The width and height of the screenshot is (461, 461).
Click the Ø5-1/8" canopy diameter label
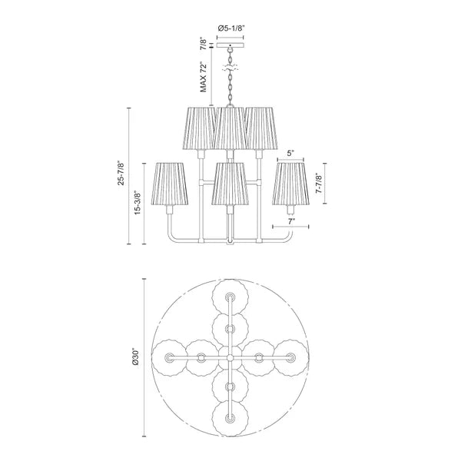point(230,28)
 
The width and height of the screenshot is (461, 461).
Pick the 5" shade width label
point(291,153)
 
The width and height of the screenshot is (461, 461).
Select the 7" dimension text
point(291,221)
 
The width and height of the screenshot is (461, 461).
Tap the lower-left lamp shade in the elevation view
point(169,184)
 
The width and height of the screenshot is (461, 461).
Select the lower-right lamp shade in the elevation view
point(291,184)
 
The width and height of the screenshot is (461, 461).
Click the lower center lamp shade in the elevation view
point(230,184)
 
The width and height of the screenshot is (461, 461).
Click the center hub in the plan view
point(230,357)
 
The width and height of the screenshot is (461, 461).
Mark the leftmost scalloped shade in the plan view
point(170,357)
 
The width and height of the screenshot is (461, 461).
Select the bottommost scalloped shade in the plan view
point(230,417)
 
